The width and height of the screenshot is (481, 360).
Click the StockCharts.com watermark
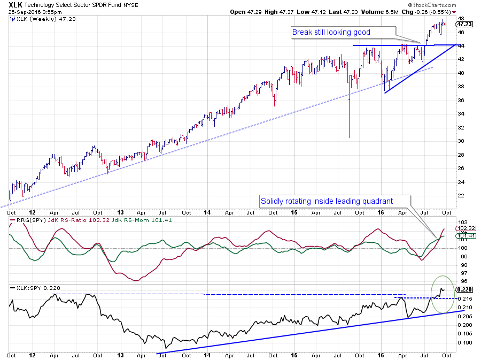coord(453,4)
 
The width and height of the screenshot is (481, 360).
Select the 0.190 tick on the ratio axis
coord(461,343)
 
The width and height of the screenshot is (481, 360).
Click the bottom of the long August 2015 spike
coord(349,137)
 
